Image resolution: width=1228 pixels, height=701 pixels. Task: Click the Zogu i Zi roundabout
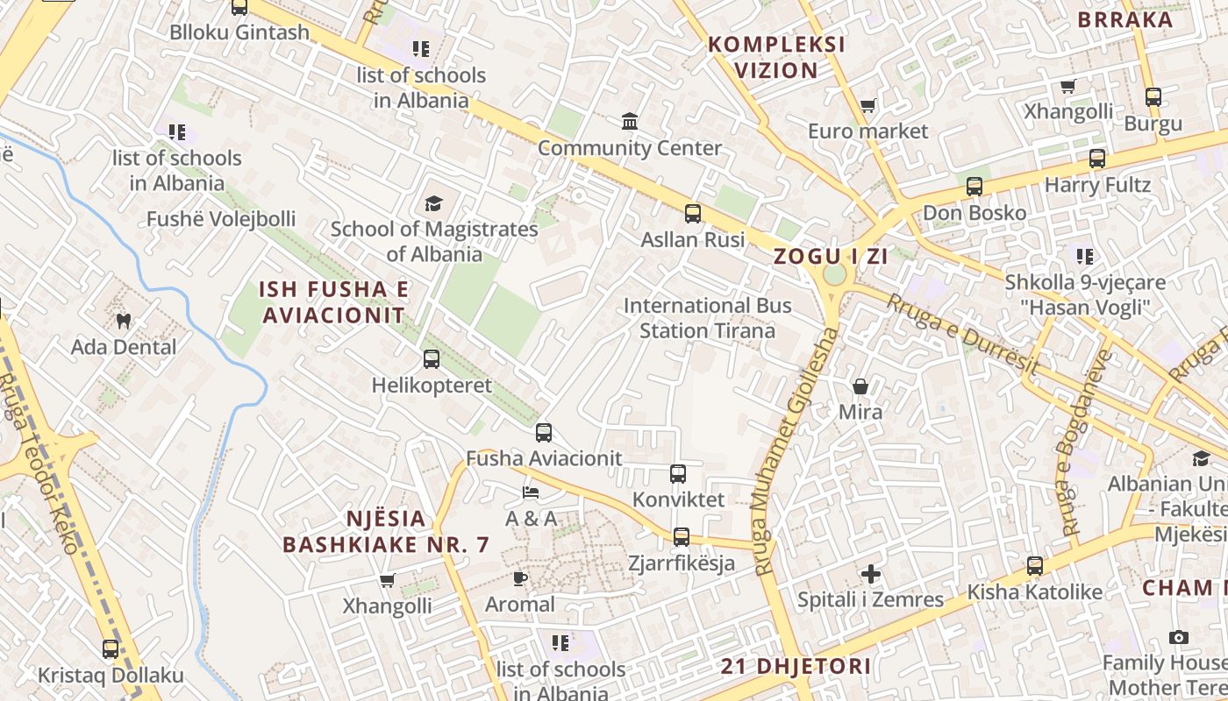(834, 274)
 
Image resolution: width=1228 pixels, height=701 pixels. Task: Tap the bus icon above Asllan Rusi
(693, 213)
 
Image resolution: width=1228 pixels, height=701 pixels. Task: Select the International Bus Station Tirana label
(707, 318)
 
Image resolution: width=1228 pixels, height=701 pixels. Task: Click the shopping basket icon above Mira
(860, 386)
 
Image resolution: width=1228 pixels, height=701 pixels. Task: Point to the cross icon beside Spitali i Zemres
(870, 574)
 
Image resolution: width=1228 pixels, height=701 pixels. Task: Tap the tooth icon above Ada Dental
(124, 322)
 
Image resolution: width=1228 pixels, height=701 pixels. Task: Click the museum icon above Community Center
(630, 121)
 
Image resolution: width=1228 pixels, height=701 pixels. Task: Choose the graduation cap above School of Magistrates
(433, 204)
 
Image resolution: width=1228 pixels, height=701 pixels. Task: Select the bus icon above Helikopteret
(432, 358)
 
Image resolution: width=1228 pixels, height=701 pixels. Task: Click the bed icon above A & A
(530, 492)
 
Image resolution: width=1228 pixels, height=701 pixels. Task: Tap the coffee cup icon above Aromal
(520, 578)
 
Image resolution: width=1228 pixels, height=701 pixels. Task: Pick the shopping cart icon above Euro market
(867, 106)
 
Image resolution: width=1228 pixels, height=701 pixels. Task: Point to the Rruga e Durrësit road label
(963, 333)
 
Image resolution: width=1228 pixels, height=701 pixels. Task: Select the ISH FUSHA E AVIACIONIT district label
(334, 302)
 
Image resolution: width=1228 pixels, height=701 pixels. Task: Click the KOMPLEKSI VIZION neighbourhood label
(776, 57)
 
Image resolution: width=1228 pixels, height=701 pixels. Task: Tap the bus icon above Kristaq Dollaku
(111, 649)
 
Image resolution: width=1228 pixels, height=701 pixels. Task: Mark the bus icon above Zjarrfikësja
(682, 537)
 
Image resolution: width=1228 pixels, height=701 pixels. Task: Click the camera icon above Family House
(1179, 637)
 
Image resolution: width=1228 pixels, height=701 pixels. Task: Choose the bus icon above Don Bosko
(975, 187)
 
